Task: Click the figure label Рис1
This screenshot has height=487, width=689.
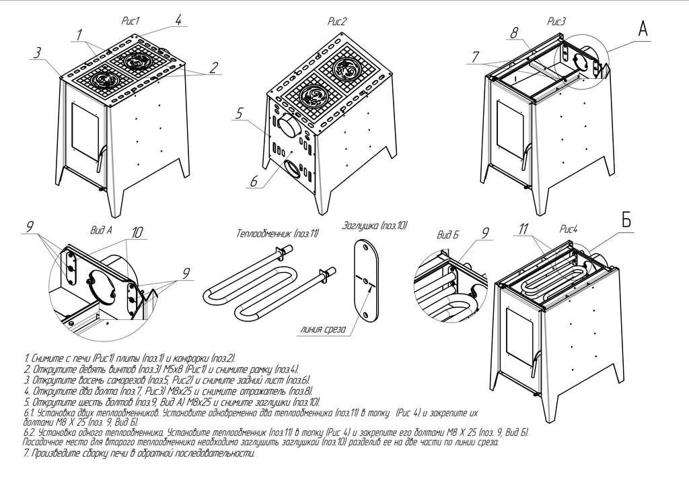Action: pyautogui.click(x=130, y=22)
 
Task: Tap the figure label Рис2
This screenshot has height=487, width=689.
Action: pyautogui.click(x=338, y=22)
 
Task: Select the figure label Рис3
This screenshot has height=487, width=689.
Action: pyautogui.click(x=556, y=22)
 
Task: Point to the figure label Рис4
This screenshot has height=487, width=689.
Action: pyautogui.click(x=569, y=229)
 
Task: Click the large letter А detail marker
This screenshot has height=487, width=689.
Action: pyautogui.click(x=643, y=29)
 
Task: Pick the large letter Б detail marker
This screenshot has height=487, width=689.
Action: pyautogui.click(x=626, y=220)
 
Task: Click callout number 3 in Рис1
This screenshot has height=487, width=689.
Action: pyautogui.click(x=38, y=53)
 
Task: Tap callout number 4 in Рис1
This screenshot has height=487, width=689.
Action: pyautogui.click(x=178, y=20)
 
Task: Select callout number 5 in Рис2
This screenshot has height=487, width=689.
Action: pyautogui.click(x=239, y=114)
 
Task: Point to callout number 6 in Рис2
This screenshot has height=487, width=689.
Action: pyautogui.click(x=254, y=181)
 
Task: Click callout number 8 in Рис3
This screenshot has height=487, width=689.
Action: pyautogui.click(x=514, y=33)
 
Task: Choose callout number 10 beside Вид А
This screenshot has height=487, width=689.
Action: pyautogui.click(x=137, y=232)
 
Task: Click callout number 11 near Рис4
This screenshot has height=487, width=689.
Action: pyautogui.click(x=523, y=229)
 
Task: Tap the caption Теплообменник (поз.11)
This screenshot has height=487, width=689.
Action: pyautogui.click(x=278, y=233)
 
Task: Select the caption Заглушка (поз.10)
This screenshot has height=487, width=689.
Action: pyautogui.click(x=375, y=226)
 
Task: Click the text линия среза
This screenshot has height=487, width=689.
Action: pyautogui.click(x=324, y=329)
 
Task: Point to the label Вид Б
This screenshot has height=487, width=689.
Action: pyautogui.click(x=447, y=235)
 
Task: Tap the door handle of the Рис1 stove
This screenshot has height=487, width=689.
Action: pyautogui.click(x=100, y=158)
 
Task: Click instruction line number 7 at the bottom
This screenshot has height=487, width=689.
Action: pyautogui.click(x=139, y=453)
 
